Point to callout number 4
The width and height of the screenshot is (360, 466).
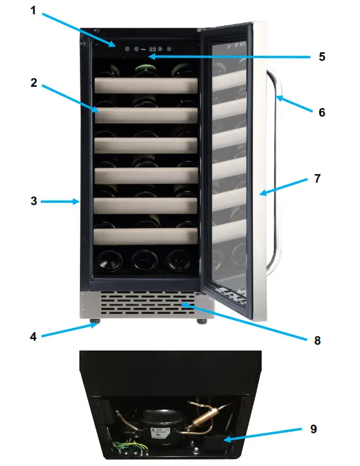tap(33, 337)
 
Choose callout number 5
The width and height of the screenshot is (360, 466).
tap(322, 56)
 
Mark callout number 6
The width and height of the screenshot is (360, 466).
tap(322, 113)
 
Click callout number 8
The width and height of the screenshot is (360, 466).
tap(317, 340)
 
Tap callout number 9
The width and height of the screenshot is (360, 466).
tap(312, 429)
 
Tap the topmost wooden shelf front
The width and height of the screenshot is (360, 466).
tap(146, 84)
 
